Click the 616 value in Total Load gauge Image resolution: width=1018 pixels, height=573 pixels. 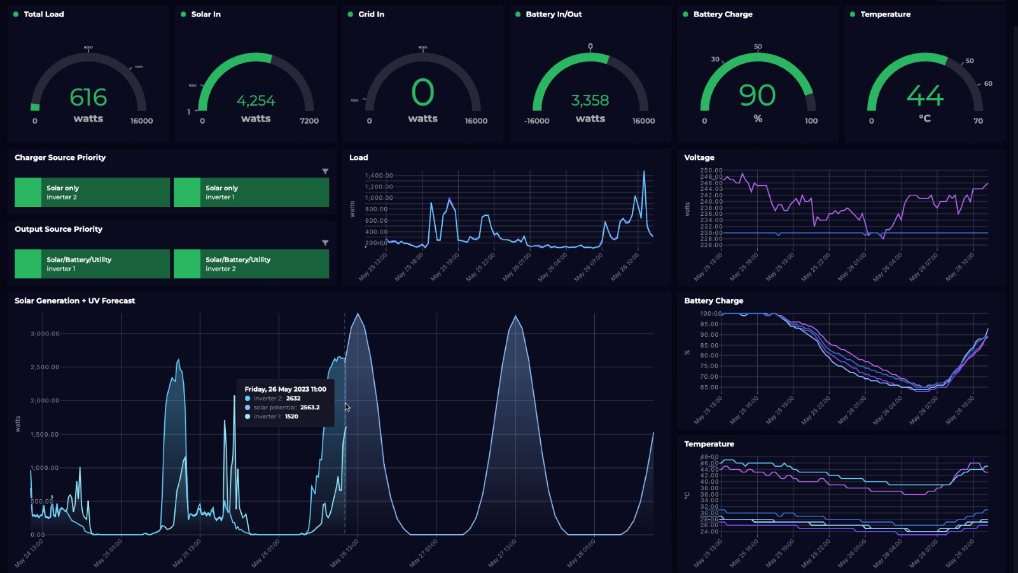click(x=88, y=97)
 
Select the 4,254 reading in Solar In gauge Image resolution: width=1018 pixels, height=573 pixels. click(x=256, y=101)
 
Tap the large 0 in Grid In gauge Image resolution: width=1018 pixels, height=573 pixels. click(x=422, y=93)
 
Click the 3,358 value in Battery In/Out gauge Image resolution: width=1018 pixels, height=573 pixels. click(x=590, y=101)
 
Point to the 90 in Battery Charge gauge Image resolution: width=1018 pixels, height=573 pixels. click(x=757, y=95)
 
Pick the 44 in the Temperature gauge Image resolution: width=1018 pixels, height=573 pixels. click(x=924, y=96)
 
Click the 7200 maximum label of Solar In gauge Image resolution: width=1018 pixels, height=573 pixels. click(x=309, y=121)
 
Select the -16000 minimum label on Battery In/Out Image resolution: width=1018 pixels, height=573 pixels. click(x=537, y=121)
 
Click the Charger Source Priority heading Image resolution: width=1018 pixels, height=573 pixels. click(x=60, y=157)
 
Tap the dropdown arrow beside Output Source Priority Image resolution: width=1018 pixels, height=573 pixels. click(x=325, y=243)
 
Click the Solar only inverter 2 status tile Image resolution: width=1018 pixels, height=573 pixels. click(x=92, y=192)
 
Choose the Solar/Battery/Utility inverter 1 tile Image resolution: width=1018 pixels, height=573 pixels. click(x=92, y=264)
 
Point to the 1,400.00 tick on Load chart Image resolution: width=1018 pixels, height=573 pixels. click(x=379, y=176)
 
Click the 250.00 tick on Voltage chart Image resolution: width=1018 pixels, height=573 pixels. click(x=711, y=171)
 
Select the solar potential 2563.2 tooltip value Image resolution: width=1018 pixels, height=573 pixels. click(x=310, y=407)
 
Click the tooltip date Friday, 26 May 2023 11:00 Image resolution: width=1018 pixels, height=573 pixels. click(x=285, y=389)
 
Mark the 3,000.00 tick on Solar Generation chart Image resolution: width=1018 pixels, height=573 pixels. click(x=45, y=334)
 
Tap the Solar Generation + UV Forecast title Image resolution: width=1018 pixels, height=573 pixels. click(x=75, y=301)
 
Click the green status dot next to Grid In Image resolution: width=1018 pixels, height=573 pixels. click(x=351, y=14)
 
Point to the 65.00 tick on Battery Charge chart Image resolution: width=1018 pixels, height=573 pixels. click(x=709, y=387)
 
